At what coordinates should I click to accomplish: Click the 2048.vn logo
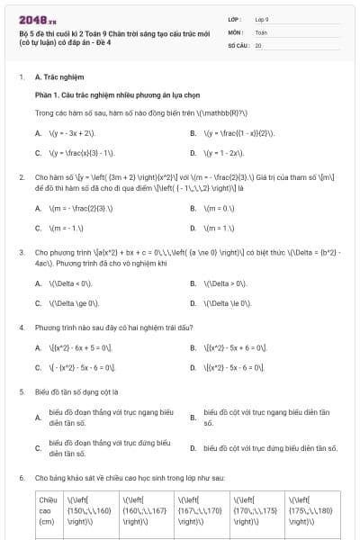coord(36,17)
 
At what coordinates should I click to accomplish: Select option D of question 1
coord(224,152)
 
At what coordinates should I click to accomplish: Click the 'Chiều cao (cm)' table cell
coord(47,509)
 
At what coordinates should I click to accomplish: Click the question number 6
coord(22,477)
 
